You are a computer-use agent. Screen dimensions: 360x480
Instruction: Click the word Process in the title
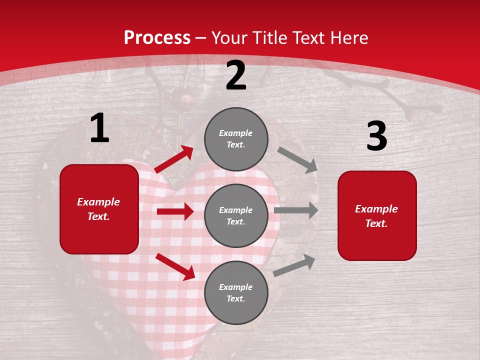[157, 38]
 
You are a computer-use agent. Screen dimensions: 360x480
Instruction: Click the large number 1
[99, 128]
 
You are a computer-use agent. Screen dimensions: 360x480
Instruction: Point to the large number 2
[236, 76]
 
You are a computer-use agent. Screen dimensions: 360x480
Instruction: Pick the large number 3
[377, 136]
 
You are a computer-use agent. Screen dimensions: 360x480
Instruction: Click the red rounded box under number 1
[99, 209]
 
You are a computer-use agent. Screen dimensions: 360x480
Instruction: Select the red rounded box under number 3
[377, 215]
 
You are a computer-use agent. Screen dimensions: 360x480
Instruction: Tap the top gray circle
[236, 138]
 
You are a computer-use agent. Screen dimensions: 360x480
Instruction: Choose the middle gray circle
[236, 215]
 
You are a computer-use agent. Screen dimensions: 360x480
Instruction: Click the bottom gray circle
[236, 292]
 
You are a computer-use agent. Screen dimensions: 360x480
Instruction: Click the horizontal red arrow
[175, 211]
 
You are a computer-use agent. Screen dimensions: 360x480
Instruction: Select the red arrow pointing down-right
[175, 266]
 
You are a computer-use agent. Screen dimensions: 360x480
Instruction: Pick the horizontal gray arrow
[296, 210]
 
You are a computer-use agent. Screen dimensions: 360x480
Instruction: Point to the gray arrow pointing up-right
[294, 265]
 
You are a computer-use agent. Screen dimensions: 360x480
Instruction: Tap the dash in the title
[201, 38]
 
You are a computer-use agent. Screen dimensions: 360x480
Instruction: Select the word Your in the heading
[230, 38]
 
